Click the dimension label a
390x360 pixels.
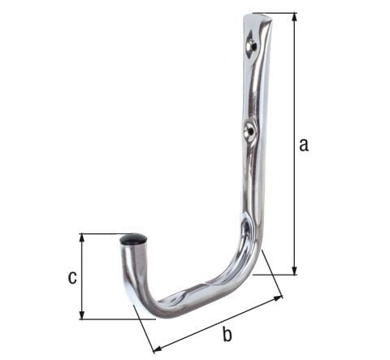[x=304, y=145]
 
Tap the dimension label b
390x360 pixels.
[x=227, y=334]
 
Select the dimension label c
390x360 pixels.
[x=71, y=277]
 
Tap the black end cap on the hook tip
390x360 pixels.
[x=134, y=241]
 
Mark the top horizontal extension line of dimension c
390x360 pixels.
[x=102, y=234]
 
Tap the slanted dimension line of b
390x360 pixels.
[x=217, y=324]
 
